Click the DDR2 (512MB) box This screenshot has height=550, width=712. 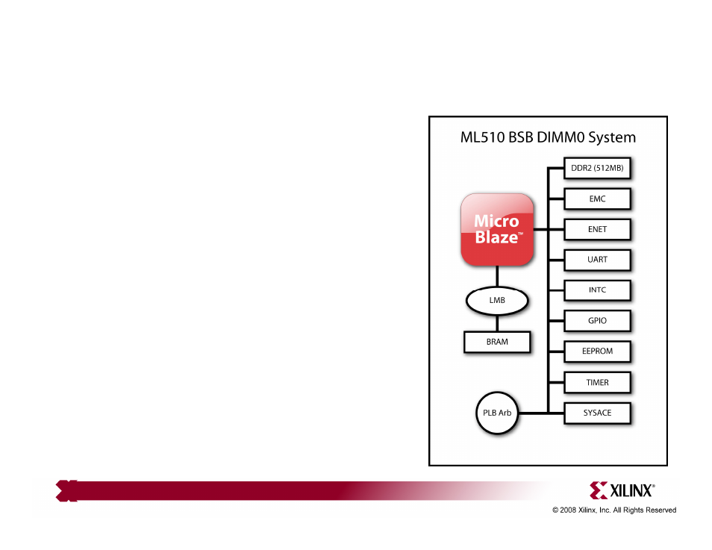click(597, 168)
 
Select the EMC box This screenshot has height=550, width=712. click(597, 199)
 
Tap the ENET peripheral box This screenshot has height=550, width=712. click(597, 229)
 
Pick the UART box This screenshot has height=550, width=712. click(597, 260)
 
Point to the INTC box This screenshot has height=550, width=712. click(597, 290)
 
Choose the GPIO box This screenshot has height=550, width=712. click(597, 321)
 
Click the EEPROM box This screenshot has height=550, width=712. click(597, 351)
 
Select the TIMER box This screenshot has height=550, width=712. click(597, 382)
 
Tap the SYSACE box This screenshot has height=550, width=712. click(597, 413)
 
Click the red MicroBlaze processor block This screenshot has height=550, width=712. click(497, 229)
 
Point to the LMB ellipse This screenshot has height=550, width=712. click(497, 300)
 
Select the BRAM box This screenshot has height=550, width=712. click(497, 342)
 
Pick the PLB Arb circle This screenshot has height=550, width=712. click(497, 413)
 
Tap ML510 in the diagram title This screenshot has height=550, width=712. click(482, 137)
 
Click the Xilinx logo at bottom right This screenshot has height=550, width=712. click(622, 490)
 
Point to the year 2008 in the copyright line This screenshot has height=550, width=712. click(568, 510)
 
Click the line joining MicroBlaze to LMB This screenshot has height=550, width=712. click(497, 276)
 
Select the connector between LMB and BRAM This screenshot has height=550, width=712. click(497, 323)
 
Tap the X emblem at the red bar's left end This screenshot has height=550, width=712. click(66, 491)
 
